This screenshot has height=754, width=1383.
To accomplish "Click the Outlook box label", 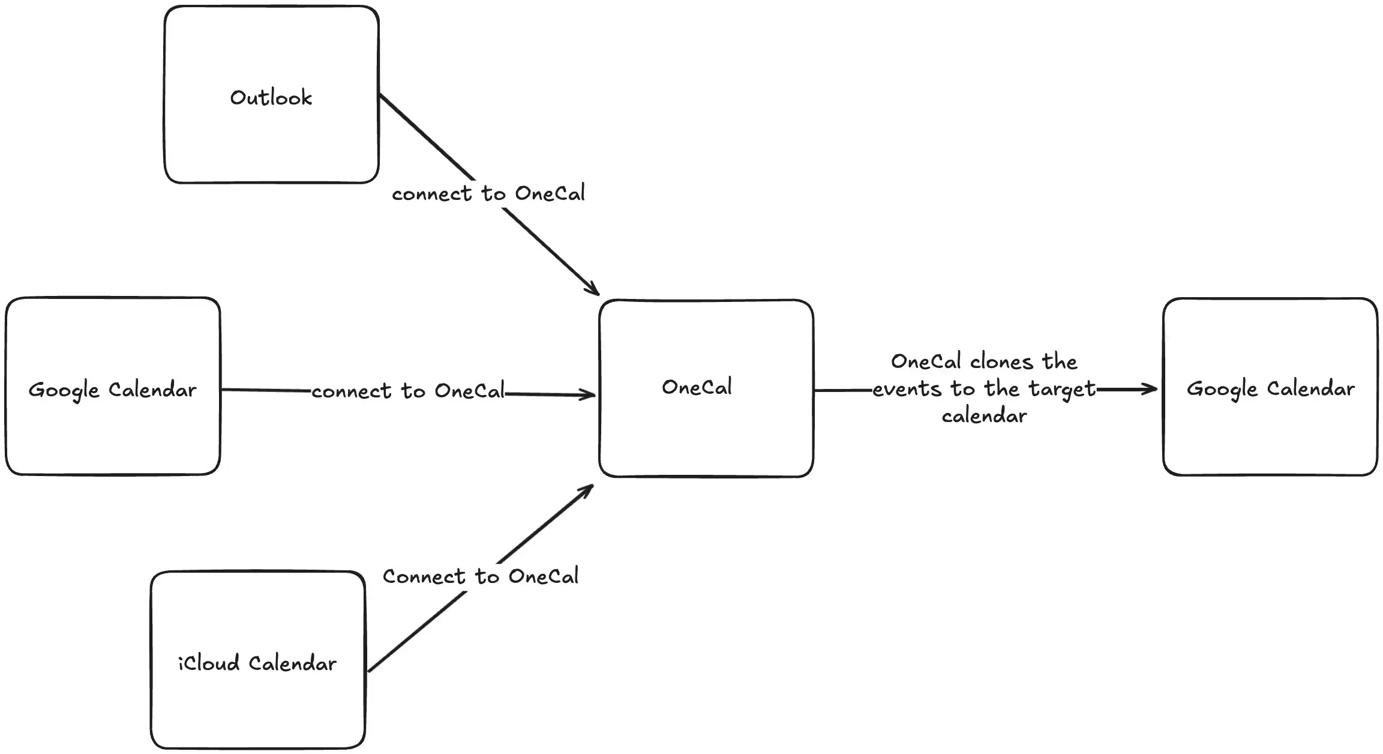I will click(x=271, y=97).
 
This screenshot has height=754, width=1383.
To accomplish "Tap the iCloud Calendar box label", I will click(x=257, y=663).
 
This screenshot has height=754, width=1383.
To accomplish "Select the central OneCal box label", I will click(x=697, y=387).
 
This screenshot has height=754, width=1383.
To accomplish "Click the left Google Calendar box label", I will click(x=112, y=390).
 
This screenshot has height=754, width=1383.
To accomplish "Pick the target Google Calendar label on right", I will click(x=1270, y=389).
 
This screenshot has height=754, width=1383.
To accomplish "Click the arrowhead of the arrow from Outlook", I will click(x=594, y=291).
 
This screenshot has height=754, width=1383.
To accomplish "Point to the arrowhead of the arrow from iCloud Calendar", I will click(x=588, y=489).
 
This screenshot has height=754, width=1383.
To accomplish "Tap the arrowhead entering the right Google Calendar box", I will click(x=1150, y=390).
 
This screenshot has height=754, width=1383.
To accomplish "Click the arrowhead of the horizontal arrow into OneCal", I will click(x=588, y=395).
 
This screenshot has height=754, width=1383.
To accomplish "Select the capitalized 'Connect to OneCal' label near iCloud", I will click(x=481, y=576).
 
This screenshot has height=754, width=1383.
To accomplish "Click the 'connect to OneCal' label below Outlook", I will click(x=488, y=193).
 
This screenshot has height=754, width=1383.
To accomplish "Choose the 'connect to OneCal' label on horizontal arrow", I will click(x=408, y=391).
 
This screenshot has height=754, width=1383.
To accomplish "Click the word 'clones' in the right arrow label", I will click(x=1001, y=362).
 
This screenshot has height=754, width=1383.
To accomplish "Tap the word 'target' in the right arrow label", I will click(x=1062, y=390).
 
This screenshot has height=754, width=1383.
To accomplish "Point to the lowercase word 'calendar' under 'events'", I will click(x=984, y=415).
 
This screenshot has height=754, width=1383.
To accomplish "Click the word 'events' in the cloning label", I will click(x=907, y=390).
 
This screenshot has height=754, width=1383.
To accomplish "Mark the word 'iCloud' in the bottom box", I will click(x=209, y=663).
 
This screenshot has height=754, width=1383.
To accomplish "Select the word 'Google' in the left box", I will click(x=64, y=391).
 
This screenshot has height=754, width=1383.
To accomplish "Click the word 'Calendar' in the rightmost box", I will click(x=1311, y=389).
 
